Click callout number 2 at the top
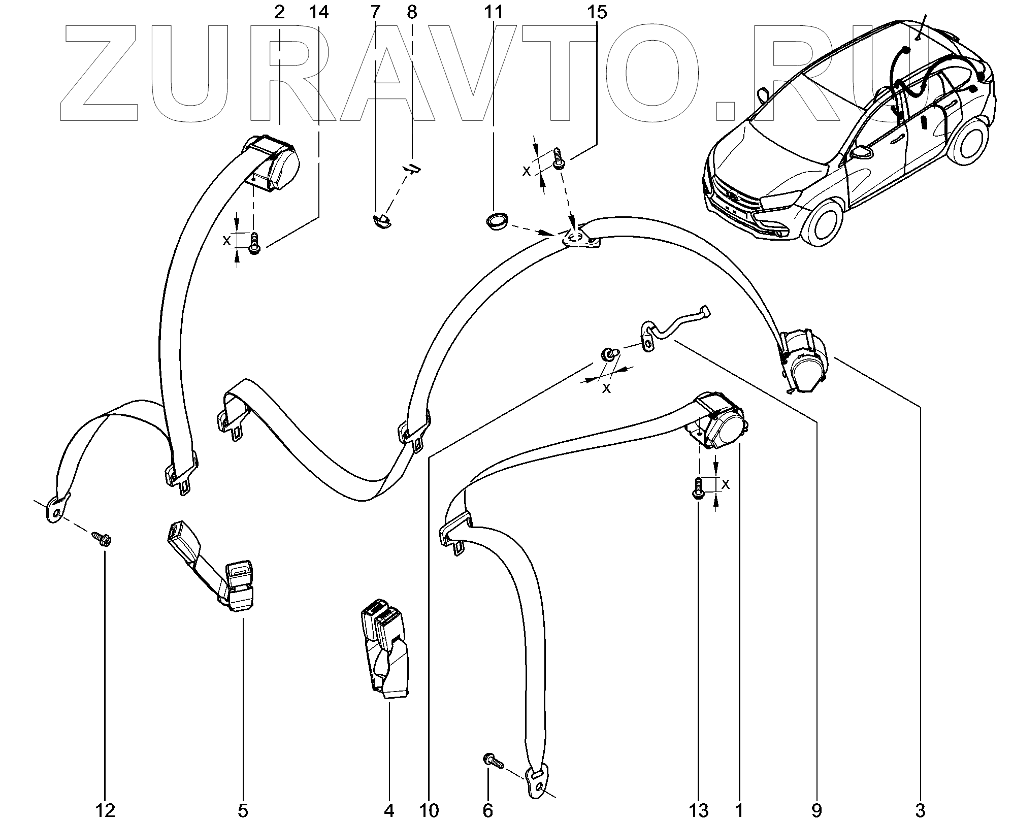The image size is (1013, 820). pyautogui.click(x=279, y=12)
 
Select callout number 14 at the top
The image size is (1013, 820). pyautogui.click(x=318, y=12)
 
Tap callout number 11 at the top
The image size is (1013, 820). pyautogui.click(x=493, y=12)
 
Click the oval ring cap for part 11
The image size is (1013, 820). pyautogui.click(x=495, y=222)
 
